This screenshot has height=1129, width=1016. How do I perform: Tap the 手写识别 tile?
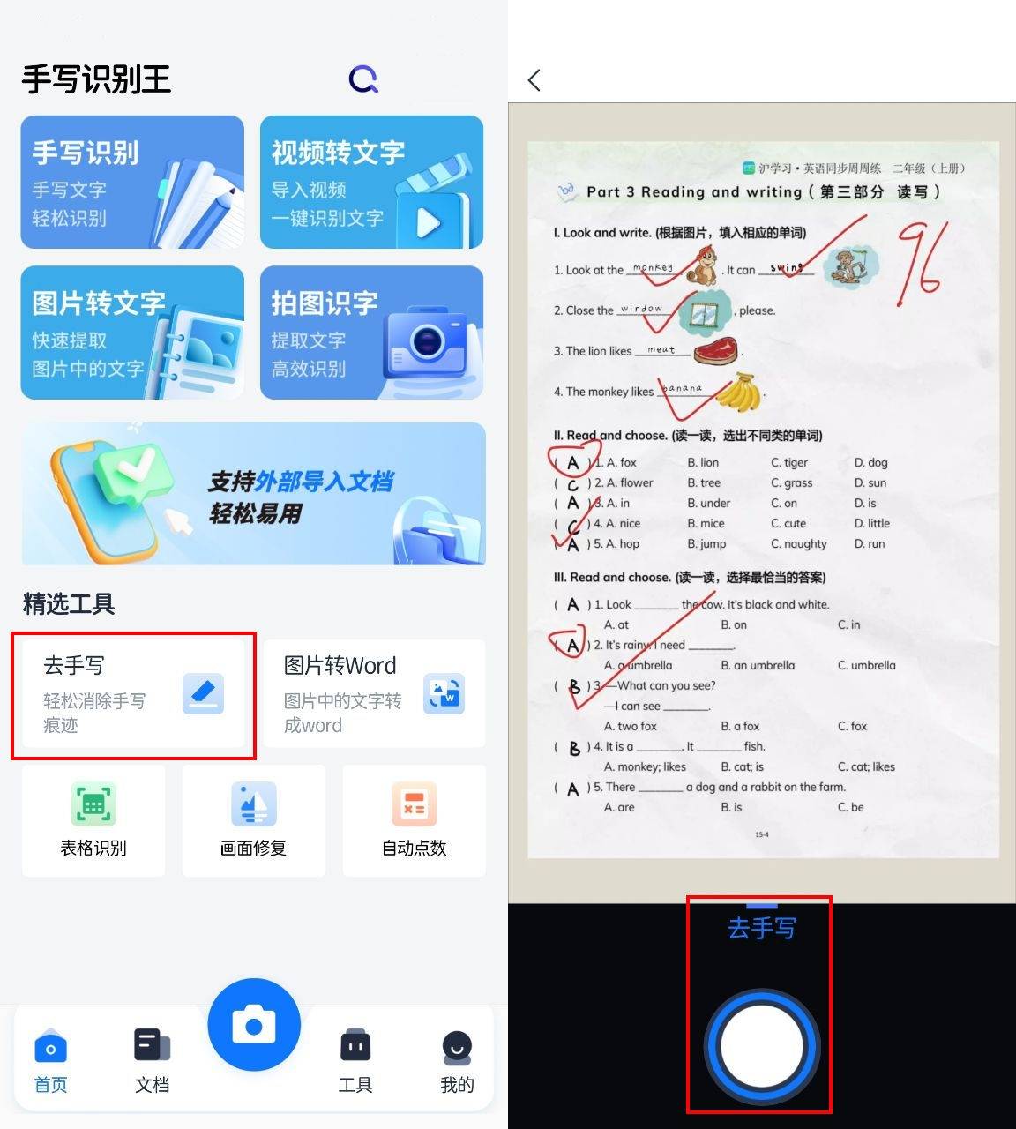132,182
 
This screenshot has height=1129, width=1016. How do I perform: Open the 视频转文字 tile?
371,182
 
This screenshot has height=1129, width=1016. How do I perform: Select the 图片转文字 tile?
132,333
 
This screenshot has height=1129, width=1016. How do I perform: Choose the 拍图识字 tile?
371,333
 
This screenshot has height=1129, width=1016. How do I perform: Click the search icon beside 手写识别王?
363,80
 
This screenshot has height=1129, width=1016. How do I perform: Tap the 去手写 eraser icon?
203,694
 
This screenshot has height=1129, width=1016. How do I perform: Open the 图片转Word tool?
374,694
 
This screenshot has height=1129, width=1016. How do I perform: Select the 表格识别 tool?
93,820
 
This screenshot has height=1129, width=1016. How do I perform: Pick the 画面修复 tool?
254,820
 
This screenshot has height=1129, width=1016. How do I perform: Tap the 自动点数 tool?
414,820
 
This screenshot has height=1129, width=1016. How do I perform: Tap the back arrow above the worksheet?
534,80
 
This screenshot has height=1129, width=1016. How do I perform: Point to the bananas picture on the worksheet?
739,393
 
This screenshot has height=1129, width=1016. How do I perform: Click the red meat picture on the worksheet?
715,351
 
